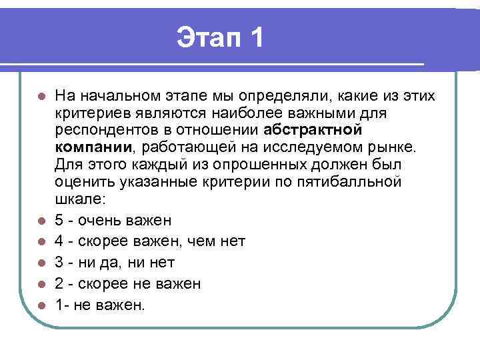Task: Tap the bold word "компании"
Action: pyautogui.click(x=94, y=146)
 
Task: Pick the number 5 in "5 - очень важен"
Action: pyautogui.click(x=60, y=220)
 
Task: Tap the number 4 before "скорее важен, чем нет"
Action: pyautogui.click(x=60, y=241)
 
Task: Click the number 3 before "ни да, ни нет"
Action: pyautogui.click(x=60, y=263)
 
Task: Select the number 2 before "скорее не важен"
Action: pyautogui.click(x=60, y=284)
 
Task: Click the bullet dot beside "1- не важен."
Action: pyautogui.click(x=41, y=305)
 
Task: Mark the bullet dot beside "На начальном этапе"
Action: pyautogui.click(x=41, y=96)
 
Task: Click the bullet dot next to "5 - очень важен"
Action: pyautogui.click(x=41, y=221)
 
